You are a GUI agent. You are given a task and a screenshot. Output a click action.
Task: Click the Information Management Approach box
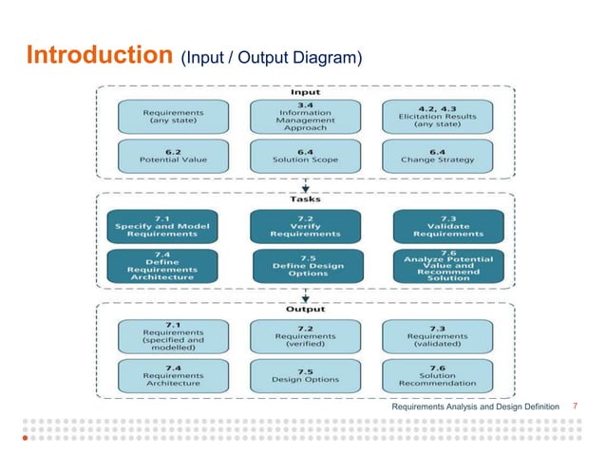click(x=304, y=117)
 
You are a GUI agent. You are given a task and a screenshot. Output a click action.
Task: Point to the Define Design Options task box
click(x=304, y=266)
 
